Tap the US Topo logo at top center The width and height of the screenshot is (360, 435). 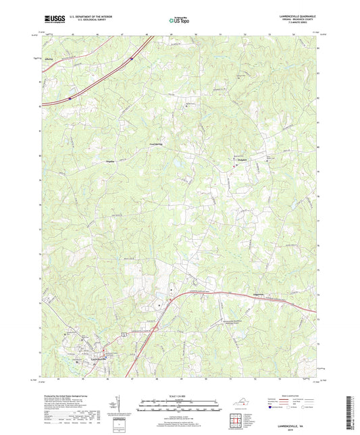(178, 21)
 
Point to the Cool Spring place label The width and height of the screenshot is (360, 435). (157, 144)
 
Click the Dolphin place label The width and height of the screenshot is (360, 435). (242, 159)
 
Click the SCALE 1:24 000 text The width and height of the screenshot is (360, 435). (180, 396)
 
